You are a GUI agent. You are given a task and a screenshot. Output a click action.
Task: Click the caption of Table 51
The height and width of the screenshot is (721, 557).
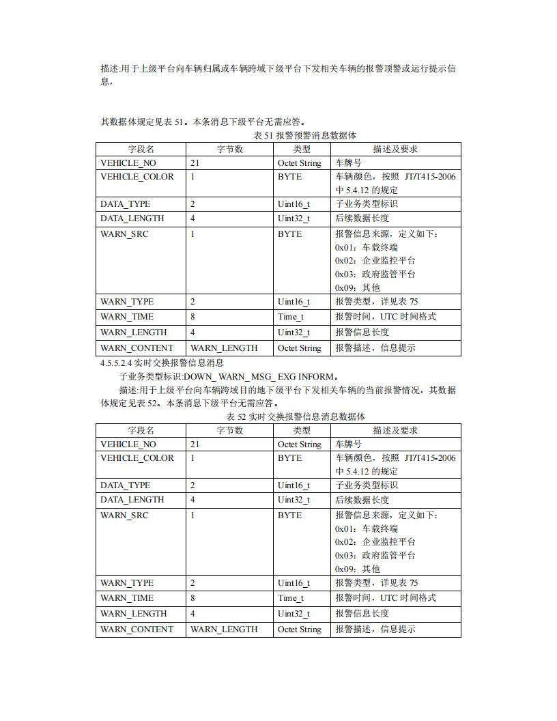tap(304, 136)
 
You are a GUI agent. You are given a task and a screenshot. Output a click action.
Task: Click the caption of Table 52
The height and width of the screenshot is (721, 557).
tap(296, 416)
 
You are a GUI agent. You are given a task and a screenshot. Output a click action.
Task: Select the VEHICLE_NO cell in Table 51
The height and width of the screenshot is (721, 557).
tap(128, 163)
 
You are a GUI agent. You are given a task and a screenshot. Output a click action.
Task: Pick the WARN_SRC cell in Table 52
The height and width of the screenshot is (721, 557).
tap(124, 515)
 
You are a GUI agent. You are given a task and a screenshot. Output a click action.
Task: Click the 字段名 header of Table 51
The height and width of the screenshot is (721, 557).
tap(141, 149)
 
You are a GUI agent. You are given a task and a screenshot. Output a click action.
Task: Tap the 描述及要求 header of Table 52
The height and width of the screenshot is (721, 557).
tap(395, 430)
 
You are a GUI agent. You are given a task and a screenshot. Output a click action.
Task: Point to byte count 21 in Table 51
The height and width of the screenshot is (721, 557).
tap(195, 163)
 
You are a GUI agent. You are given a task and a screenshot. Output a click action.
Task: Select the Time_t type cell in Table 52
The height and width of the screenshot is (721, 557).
tap(291, 598)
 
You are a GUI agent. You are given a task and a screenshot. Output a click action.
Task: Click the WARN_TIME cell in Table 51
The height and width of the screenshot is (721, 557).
tap(127, 317)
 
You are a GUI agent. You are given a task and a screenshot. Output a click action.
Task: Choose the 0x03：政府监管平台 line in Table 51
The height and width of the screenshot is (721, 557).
tap(375, 274)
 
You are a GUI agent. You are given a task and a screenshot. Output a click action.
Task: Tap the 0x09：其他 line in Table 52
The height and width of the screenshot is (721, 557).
tap(357, 569)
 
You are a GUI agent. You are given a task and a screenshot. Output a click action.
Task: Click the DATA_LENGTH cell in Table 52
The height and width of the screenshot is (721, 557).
tap(132, 500)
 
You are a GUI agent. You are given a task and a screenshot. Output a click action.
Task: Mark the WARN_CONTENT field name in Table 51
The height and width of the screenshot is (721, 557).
tap(137, 348)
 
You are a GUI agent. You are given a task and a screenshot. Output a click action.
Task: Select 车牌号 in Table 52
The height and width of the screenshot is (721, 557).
tap(348, 444)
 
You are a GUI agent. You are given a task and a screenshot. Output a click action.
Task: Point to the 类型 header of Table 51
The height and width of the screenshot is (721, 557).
tap(302, 149)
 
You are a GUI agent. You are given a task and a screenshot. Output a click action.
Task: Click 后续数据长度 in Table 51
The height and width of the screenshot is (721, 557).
tap(362, 218)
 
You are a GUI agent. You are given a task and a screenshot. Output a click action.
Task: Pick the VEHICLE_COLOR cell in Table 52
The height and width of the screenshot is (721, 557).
tap(137, 458)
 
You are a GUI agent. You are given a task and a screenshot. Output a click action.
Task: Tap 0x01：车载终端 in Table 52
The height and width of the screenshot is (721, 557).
tap(366, 528)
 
